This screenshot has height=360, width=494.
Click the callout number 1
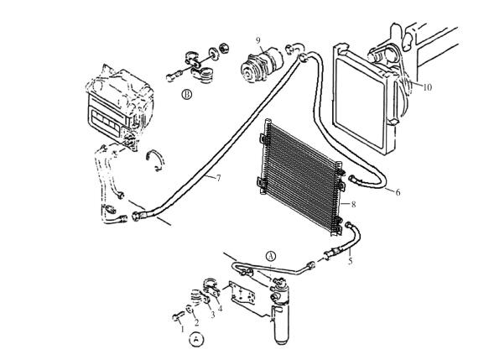[x=182, y=330]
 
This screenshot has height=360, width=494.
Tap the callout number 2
[x=196, y=322]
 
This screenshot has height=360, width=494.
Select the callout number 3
[x=213, y=315]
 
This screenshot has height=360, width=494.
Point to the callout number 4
[x=220, y=309]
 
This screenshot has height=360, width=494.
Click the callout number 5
[x=351, y=261]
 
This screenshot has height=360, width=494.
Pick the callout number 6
[x=398, y=192]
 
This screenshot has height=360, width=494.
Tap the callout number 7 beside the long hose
[x=218, y=178]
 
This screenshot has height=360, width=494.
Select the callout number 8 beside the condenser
[x=353, y=204]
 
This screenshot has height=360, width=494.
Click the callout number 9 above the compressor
[x=258, y=40]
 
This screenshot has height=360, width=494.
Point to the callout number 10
[x=427, y=87]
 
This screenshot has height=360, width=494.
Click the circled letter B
[x=187, y=94]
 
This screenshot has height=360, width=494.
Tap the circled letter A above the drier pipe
[x=271, y=256]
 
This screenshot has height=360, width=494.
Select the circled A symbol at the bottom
[x=196, y=340]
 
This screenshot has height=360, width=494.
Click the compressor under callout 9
[x=261, y=64]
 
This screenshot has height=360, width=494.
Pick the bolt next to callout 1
[x=178, y=316]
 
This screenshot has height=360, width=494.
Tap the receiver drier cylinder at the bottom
[x=281, y=325]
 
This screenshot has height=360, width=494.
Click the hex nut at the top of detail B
[x=223, y=48]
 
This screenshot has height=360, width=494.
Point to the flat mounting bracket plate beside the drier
[x=242, y=295]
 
